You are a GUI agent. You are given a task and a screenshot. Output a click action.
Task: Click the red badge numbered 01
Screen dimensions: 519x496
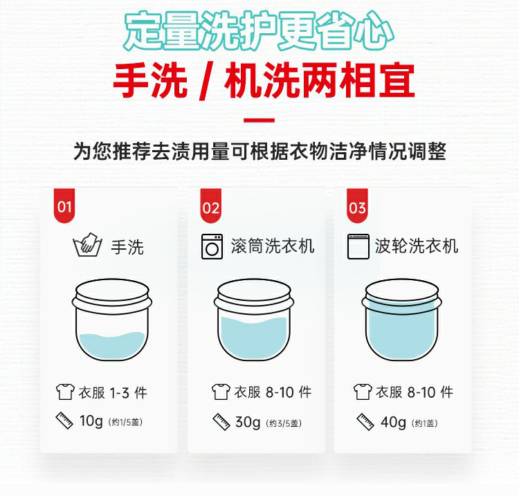click(64, 206)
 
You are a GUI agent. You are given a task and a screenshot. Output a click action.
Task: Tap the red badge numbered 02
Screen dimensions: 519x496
click(211, 206)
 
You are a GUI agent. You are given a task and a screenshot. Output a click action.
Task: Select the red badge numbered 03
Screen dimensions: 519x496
click(357, 206)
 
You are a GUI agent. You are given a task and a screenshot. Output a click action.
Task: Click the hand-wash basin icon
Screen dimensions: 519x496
click(87, 246)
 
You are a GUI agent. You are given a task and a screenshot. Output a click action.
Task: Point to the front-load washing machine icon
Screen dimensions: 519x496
click(212, 246)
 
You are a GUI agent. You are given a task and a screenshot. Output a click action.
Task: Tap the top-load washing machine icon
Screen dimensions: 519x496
click(358, 246)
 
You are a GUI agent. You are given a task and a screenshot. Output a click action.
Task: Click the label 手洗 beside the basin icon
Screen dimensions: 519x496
click(127, 247)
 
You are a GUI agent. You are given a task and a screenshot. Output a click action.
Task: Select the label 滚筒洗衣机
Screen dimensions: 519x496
click(273, 246)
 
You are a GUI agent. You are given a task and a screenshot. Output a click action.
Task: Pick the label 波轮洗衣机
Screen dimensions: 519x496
click(417, 246)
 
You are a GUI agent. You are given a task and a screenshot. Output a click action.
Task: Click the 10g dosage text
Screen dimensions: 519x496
click(91, 421)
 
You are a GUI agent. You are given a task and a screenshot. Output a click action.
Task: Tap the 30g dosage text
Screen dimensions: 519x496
click(248, 422)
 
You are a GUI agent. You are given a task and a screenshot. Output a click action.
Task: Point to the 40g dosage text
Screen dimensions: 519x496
click(393, 422)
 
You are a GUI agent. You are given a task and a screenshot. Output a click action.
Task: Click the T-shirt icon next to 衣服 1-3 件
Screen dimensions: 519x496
click(65, 392)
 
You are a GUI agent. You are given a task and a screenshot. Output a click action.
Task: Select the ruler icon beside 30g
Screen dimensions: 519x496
click(221, 422)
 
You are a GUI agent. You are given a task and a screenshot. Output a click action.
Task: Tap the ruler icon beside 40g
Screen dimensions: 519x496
click(365, 422)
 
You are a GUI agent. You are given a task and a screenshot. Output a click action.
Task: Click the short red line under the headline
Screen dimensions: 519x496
click(259, 120)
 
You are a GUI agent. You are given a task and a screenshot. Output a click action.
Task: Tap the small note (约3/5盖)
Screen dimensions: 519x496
click(284, 423)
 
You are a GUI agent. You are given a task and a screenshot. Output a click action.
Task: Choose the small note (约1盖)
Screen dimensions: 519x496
click(425, 423)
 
